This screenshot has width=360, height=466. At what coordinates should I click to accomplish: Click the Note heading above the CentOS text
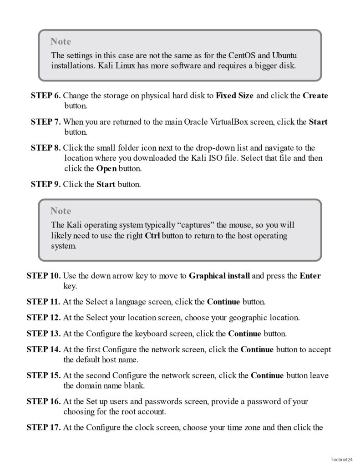pyautogui.click(x=61, y=41)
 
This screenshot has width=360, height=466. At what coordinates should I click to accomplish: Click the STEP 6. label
pyautogui.click(x=46, y=96)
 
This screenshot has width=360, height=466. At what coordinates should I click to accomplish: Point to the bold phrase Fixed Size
pyautogui.click(x=235, y=96)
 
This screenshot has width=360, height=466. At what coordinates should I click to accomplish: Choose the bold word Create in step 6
pyautogui.click(x=315, y=96)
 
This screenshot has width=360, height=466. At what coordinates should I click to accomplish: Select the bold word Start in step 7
pyautogui.click(x=318, y=122)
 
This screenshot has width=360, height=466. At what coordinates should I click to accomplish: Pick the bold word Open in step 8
pyautogui.click(x=106, y=168)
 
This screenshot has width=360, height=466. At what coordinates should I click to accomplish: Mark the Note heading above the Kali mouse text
pyautogui.click(x=61, y=211)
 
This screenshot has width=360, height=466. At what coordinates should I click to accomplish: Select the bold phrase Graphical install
pyautogui.click(x=219, y=276)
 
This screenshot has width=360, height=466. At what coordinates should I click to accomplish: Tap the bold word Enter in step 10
pyautogui.click(x=310, y=276)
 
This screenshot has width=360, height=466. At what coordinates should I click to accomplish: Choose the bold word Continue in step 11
pyautogui.click(x=224, y=302)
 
